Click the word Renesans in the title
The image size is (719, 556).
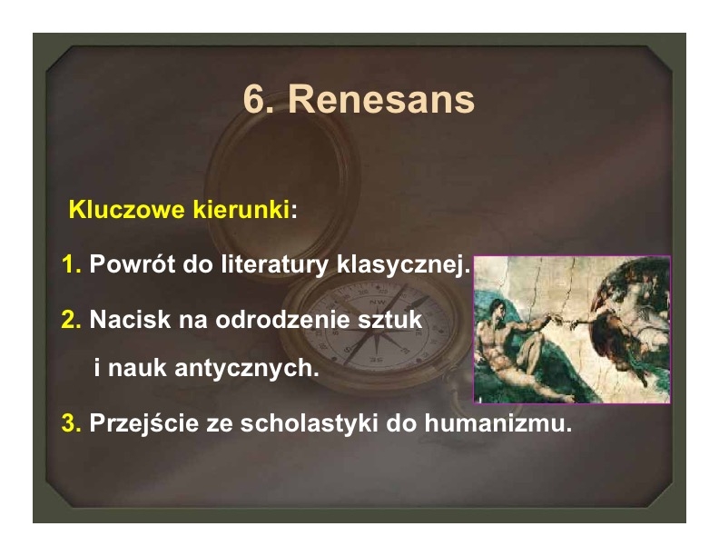tap(380, 99)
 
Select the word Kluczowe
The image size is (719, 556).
tap(127, 210)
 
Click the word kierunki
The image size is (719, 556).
tap(241, 210)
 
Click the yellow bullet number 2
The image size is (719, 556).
tap(71, 319)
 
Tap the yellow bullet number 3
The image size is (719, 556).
tap(71, 422)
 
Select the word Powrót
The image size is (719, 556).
tap(132, 264)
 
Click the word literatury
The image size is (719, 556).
tap(275, 264)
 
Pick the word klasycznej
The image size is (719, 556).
tap(403, 265)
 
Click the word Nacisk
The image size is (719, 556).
tap(130, 319)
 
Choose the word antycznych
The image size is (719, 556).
tap(247, 368)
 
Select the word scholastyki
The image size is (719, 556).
tap(310, 422)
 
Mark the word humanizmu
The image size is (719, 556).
tap(498, 422)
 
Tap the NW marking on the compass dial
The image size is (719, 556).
tap(378, 302)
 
